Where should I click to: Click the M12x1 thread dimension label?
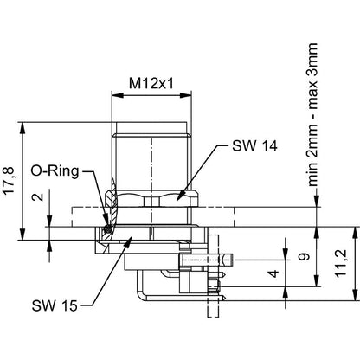click(151, 83)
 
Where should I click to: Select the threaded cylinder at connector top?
click(152, 151)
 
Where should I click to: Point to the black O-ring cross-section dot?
click(106, 228)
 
